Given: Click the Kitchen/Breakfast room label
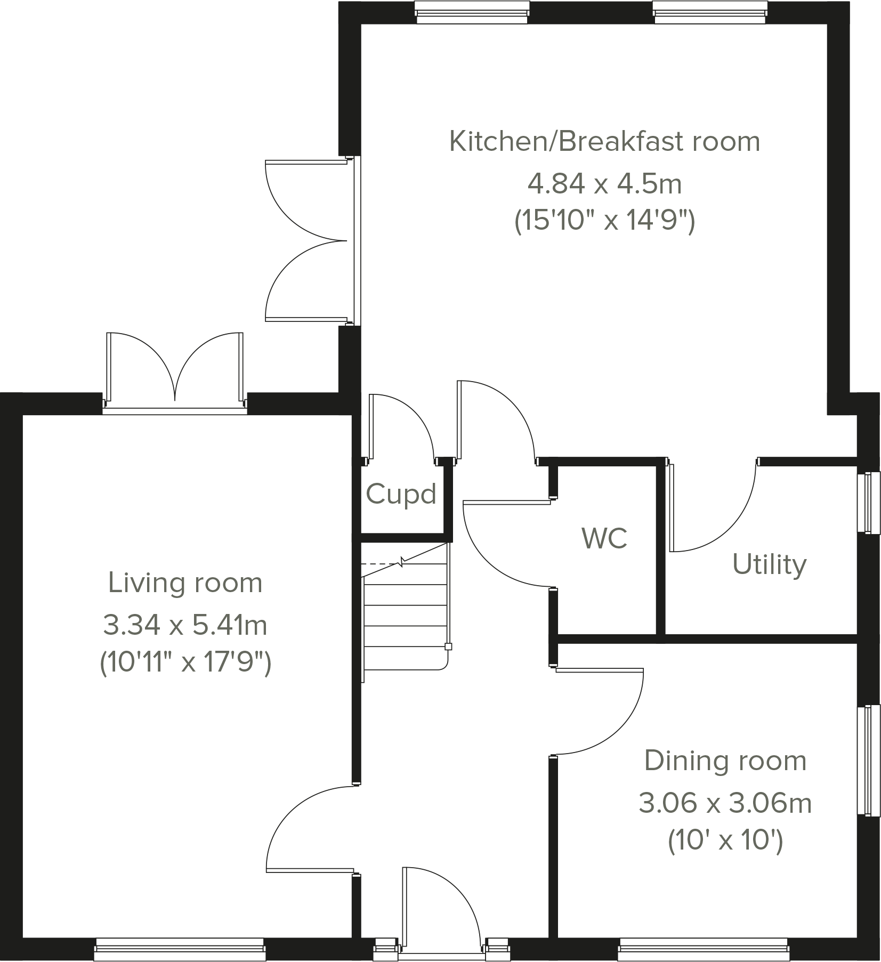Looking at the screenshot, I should pyautogui.click(x=604, y=142).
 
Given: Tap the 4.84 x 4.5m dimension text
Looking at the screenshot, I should pyautogui.click(x=604, y=184).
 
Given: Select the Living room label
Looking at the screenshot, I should pyautogui.click(x=185, y=583).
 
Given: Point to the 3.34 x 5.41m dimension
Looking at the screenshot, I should pyautogui.click(x=185, y=625).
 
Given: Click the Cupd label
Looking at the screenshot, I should pyautogui.click(x=401, y=494).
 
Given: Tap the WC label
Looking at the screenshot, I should pyautogui.click(x=604, y=538).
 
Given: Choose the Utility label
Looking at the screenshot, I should pyautogui.click(x=769, y=564).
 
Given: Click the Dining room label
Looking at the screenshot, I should pyautogui.click(x=725, y=761).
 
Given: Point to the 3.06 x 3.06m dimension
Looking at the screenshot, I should pyautogui.click(x=725, y=803).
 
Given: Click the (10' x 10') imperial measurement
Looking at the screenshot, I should pyautogui.click(x=725, y=842).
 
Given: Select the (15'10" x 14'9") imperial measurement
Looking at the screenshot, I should pyautogui.click(x=604, y=221).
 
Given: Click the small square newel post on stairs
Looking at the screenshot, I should pyautogui.click(x=448, y=647).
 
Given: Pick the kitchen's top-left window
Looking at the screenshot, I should pyautogui.click(x=472, y=12).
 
